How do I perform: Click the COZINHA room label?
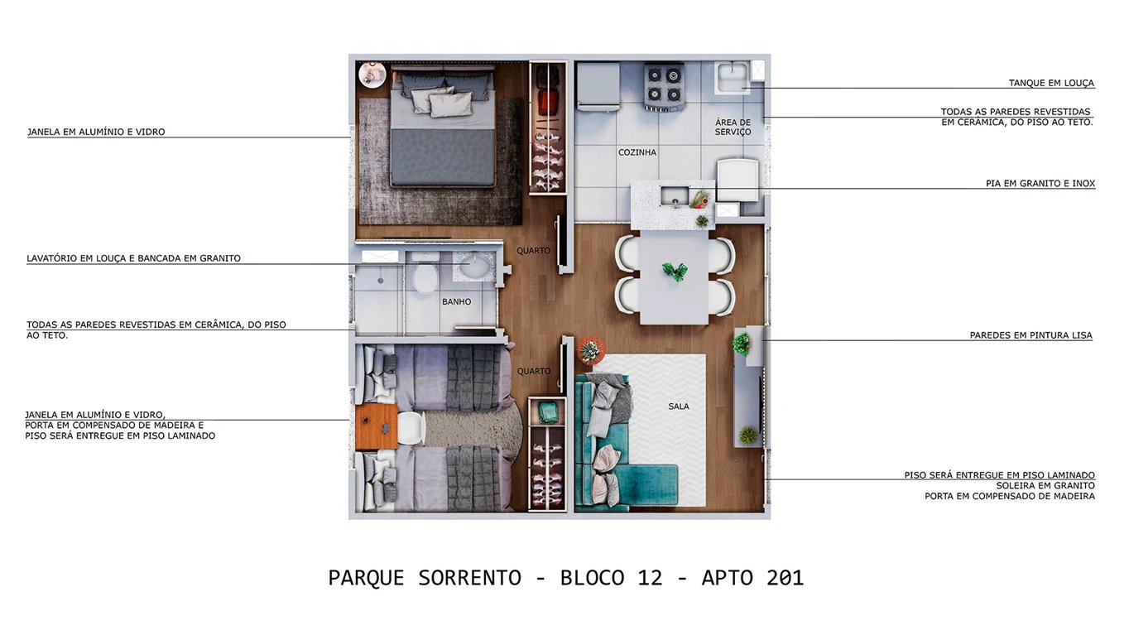pyautogui.click(x=637, y=152)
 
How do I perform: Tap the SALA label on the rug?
pyautogui.click(x=679, y=406)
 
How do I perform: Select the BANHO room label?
pyautogui.click(x=456, y=302)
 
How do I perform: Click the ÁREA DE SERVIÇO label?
pyautogui.click(x=733, y=127)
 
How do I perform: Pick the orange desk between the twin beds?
pyautogui.click(x=377, y=427)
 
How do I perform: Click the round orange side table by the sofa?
pyautogui.click(x=591, y=349)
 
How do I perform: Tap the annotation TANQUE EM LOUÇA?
pyautogui.click(x=1051, y=83)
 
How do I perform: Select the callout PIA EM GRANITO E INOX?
pyautogui.click(x=1040, y=183)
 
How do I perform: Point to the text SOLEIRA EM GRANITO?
pyautogui.click(x=1045, y=485)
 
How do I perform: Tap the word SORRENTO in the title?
pyautogui.click(x=469, y=577)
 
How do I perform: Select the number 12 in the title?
pyautogui.click(x=651, y=577)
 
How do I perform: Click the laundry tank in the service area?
pyautogui.click(x=733, y=77)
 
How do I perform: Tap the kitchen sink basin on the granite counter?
pyautogui.click(x=673, y=197)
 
